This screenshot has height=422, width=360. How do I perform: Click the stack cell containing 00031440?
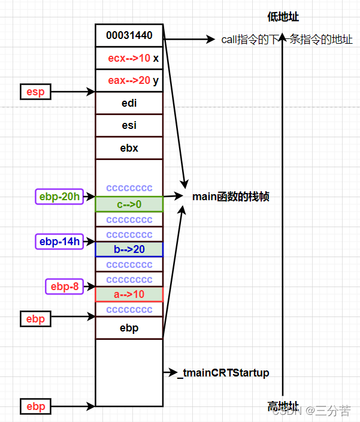129,35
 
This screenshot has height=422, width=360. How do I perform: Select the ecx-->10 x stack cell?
129,58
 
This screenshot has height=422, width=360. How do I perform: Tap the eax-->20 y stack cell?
129,80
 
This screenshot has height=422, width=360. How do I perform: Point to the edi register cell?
129,103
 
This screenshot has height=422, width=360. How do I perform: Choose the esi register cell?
129,125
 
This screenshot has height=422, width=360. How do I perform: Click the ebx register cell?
129,148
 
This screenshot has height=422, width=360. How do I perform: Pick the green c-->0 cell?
129,204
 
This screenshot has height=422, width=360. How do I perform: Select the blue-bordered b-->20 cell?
129,249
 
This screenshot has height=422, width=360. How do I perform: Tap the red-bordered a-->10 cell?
129,294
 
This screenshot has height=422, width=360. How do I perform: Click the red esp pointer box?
35,92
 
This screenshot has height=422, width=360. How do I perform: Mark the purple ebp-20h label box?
59,197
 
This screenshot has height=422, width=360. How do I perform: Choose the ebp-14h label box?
59,242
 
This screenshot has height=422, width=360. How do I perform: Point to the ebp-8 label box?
64,287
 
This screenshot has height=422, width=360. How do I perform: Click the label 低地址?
283,17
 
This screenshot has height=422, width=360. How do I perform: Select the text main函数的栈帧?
230,197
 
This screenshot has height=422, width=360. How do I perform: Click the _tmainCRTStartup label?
223,373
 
